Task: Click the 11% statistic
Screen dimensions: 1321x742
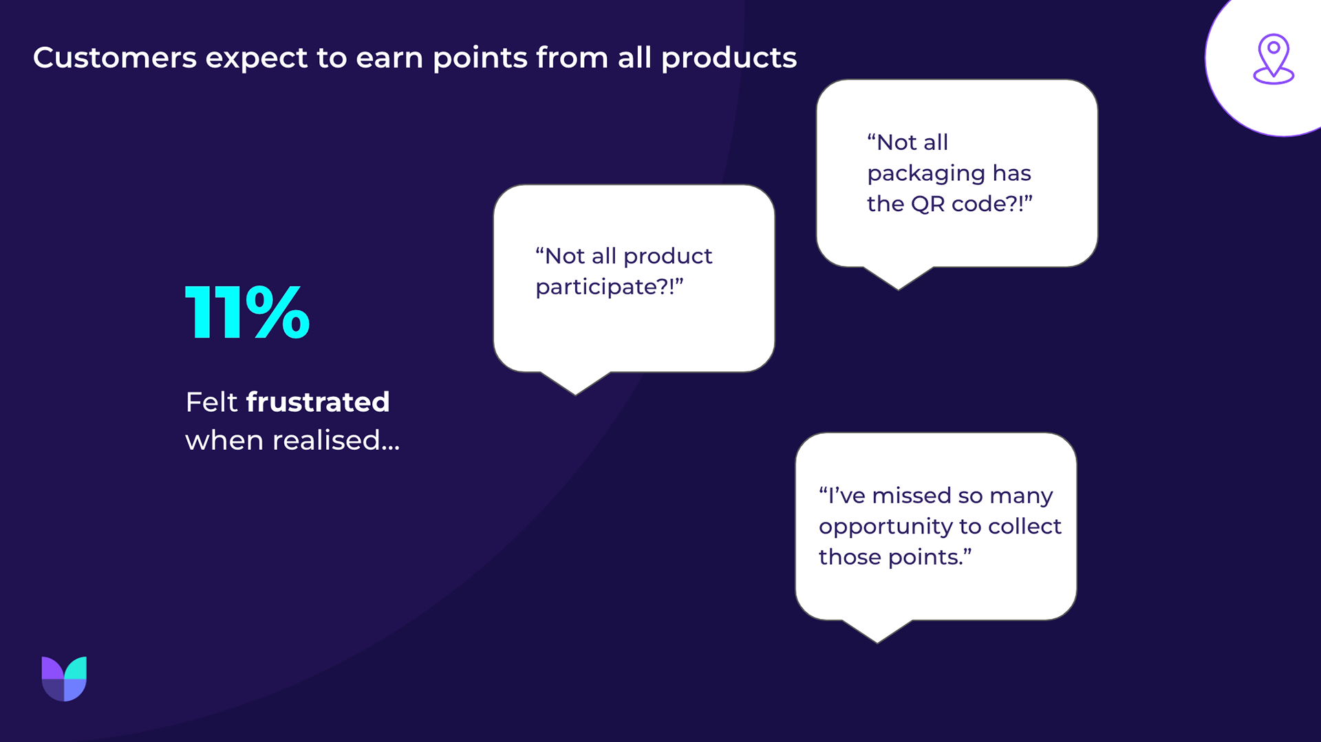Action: pyautogui.click(x=248, y=313)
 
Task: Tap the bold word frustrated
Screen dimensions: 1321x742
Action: pyautogui.click(x=318, y=402)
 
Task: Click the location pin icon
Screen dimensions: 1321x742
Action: pyautogui.click(x=1274, y=59)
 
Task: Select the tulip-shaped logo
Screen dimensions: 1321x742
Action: pyautogui.click(x=64, y=679)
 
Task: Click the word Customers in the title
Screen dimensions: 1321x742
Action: pyautogui.click(x=115, y=58)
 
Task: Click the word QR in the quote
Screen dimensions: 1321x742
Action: pyautogui.click(x=927, y=204)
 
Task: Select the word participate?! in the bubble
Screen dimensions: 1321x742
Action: pyautogui.click(x=610, y=287)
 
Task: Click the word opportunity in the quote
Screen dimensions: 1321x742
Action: pyautogui.click(x=885, y=527)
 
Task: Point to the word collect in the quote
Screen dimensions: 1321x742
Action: pyautogui.click(x=1024, y=526)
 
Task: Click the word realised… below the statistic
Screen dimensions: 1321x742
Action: pyautogui.click(x=336, y=440)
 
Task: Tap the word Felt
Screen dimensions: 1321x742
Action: pyautogui.click(x=211, y=402)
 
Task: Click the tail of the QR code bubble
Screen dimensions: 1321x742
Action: pyautogui.click(x=898, y=278)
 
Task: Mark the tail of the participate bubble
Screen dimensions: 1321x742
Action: pyautogui.click(x=575, y=383)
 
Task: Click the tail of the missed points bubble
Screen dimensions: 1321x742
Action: pyautogui.click(x=877, y=631)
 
